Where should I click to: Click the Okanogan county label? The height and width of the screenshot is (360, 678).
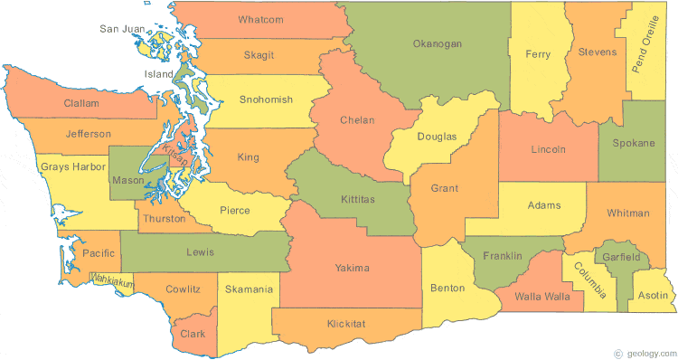[437, 43]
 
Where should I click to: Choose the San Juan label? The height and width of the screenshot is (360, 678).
[122, 29]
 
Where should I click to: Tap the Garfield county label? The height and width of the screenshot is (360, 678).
[622, 258]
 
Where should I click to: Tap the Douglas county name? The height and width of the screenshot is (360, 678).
[437, 137]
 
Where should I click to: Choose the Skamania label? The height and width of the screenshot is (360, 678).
[246, 289]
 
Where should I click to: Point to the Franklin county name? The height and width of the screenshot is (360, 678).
[503, 256]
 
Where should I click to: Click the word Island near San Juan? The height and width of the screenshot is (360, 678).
[158, 74]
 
